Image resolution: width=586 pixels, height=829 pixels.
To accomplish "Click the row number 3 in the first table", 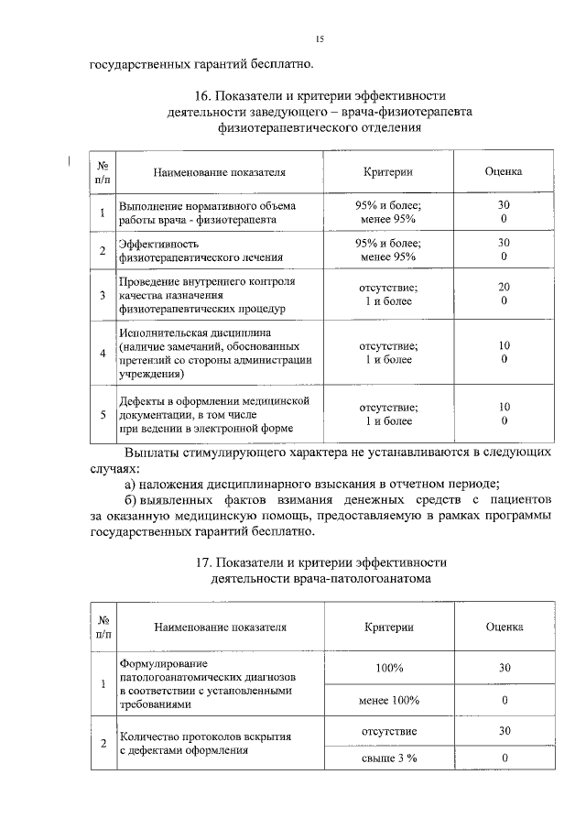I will (x=103, y=295).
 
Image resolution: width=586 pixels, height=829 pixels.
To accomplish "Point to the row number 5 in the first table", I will (x=103, y=414).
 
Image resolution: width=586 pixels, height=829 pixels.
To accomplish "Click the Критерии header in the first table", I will (x=387, y=171).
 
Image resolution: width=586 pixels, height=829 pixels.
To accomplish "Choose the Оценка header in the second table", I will (x=504, y=627).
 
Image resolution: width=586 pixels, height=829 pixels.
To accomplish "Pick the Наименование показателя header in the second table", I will (x=220, y=627).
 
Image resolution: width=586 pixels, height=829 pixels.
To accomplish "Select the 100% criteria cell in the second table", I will (x=388, y=669).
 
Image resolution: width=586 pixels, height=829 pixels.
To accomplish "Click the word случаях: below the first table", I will (x=112, y=468).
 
